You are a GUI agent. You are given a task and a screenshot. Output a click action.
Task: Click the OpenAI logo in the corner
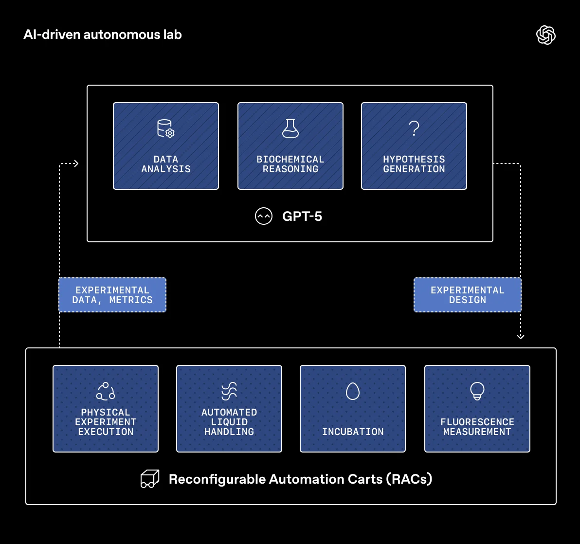click(545, 35)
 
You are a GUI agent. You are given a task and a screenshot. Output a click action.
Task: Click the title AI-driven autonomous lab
click(103, 35)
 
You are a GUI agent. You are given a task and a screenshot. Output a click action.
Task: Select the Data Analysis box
click(166, 146)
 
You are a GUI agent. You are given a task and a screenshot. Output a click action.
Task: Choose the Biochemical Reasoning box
click(290, 146)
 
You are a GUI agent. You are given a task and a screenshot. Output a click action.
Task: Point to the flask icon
click(290, 128)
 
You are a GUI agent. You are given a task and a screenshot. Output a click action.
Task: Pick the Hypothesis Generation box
click(414, 146)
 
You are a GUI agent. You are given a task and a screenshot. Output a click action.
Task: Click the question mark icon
click(414, 128)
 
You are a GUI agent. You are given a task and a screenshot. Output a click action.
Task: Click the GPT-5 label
click(302, 216)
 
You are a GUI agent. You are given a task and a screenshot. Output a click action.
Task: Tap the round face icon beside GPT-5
click(264, 216)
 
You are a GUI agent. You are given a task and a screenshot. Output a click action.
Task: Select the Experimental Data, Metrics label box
click(112, 295)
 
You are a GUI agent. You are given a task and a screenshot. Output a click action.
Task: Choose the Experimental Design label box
click(468, 295)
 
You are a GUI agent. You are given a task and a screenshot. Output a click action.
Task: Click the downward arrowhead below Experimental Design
click(521, 336)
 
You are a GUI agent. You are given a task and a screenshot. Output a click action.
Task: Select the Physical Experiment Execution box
click(106, 409)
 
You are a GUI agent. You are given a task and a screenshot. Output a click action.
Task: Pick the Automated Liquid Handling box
click(229, 409)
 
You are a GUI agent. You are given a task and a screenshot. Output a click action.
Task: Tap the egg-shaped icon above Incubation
click(353, 391)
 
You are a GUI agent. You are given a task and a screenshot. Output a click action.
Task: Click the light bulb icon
click(477, 391)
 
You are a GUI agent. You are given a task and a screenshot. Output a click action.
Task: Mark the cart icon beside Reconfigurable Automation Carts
click(150, 479)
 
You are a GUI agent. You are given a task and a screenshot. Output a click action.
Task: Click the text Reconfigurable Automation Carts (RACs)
click(301, 479)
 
